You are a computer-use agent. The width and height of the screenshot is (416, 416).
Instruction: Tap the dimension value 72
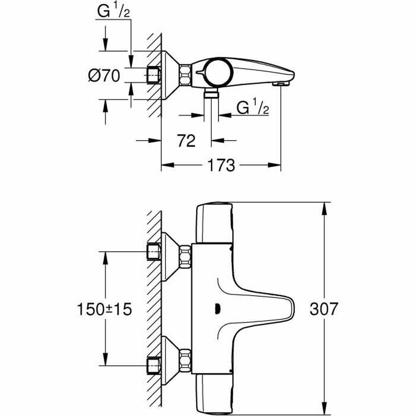(x=186, y=141)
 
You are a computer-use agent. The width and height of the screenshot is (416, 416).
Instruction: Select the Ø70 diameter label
(x=104, y=75)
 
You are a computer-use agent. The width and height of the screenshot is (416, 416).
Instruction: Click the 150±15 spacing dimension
(x=104, y=308)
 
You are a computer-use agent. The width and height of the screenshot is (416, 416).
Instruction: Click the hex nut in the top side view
(x=185, y=75)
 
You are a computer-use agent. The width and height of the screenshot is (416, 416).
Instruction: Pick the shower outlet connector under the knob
(x=211, y=94)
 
